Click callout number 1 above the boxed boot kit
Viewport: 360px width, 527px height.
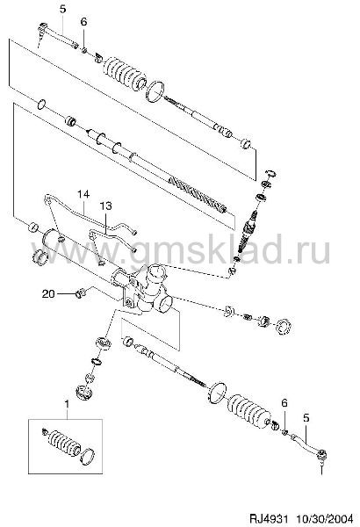67,403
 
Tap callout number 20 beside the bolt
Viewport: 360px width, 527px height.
48,293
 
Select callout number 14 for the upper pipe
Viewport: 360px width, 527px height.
83,194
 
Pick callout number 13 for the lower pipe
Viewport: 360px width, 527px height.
105,206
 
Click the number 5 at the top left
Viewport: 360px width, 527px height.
63,9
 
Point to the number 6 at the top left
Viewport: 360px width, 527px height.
83,22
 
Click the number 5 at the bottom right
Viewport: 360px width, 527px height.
306,418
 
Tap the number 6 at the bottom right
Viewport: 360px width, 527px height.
284,402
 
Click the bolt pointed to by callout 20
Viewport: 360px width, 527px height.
81,293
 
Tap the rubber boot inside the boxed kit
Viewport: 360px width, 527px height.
62,443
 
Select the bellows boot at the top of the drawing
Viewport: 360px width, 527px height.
124,75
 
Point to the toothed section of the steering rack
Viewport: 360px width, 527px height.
196,194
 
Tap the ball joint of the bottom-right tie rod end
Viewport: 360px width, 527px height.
322,455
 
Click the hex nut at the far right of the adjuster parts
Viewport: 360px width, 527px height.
283,327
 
